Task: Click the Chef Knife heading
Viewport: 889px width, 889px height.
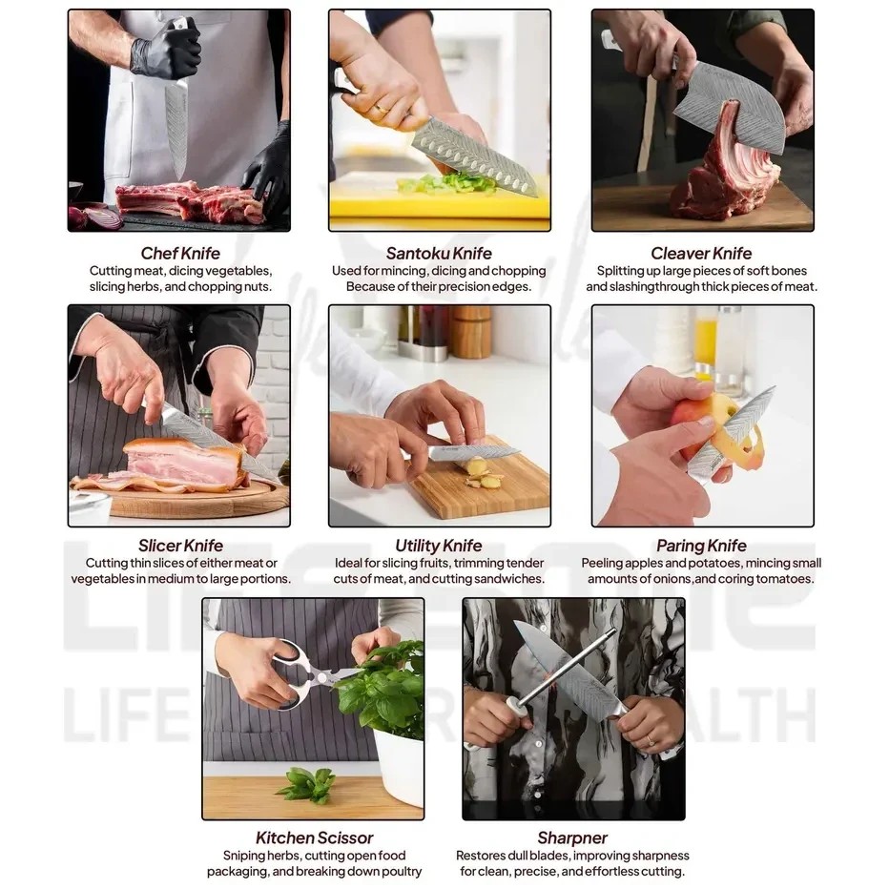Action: coord(180,253)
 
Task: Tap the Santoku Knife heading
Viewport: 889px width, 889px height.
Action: coord(439,253)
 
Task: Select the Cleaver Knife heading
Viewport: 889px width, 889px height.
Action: coord(701,253)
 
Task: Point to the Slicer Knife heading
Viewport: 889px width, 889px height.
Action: coord(180,546)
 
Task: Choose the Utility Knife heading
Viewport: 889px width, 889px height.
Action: coord(439,546)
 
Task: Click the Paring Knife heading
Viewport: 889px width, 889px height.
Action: coord(701,546)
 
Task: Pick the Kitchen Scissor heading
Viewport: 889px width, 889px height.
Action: coord(314,837)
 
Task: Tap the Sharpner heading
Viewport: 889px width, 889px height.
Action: coord(572,837)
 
